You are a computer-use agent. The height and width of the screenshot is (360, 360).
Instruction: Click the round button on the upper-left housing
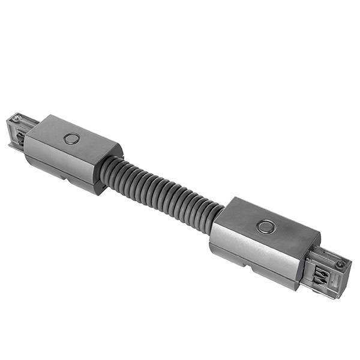coord(72,139)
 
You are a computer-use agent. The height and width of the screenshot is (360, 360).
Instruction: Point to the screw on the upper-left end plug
coord(18,118)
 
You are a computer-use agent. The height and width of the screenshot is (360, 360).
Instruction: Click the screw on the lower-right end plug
coord(340,264)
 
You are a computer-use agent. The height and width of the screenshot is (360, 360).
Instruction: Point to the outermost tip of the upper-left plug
coord(8,123)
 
